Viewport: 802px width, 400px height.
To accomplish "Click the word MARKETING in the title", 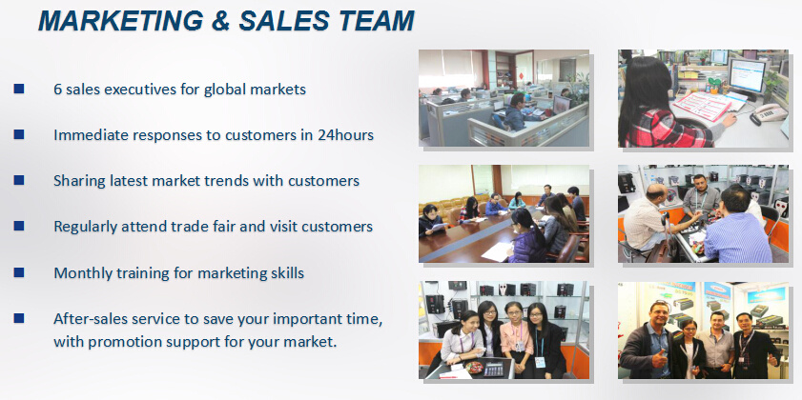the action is coord(121,21).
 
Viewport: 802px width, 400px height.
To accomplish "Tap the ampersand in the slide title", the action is coord(221,21).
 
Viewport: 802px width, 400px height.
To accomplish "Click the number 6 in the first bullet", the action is coord(58,90).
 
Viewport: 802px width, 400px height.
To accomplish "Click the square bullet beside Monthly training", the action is coord(19,272).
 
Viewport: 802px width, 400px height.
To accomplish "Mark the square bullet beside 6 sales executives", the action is coord(19,89).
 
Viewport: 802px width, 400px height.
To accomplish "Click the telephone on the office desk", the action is coord(768,113).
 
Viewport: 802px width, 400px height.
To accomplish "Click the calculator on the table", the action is coord(494,369).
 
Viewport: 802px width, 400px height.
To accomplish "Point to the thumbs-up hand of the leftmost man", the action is coord(660,358).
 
